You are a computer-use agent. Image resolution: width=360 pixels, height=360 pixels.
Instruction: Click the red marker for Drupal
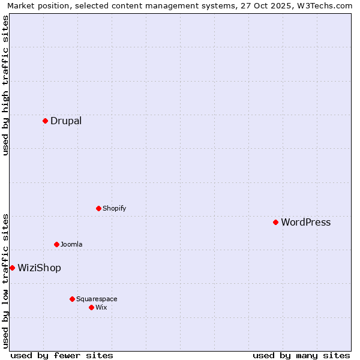coord(45,121)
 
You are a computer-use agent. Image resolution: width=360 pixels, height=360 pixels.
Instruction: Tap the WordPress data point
coord(275,222)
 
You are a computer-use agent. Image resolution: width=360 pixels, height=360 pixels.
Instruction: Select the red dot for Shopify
coord(98,208)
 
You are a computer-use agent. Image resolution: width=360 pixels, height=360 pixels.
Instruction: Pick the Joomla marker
coord(56,244)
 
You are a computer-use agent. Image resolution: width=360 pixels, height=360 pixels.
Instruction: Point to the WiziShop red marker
coord(12,268)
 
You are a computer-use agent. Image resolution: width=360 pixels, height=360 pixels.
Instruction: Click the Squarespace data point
coord(72,299)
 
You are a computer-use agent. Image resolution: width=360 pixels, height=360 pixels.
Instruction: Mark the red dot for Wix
coord(91,307)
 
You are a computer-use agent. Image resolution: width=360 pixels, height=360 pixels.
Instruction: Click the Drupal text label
coord(66,121)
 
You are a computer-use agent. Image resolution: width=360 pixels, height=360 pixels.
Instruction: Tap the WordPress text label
coord(305,222)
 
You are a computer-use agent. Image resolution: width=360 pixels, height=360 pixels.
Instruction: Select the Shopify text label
coord(114,208)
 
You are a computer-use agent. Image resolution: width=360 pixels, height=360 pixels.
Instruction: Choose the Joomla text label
coord(71,244)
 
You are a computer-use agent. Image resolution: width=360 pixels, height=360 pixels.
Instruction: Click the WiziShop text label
coord(39,268)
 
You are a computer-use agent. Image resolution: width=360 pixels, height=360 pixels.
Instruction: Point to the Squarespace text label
coord(97,299)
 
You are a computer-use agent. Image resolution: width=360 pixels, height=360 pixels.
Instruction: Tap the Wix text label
coord(101,307)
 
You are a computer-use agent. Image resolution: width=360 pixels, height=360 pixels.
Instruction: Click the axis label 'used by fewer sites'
coord(62,355)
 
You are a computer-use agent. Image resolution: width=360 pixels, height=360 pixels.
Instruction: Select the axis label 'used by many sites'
coord(301,355)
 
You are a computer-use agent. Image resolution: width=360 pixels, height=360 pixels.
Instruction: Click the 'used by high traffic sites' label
coord(6,85)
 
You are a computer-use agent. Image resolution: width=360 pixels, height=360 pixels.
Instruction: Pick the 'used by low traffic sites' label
coord(6,281)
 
